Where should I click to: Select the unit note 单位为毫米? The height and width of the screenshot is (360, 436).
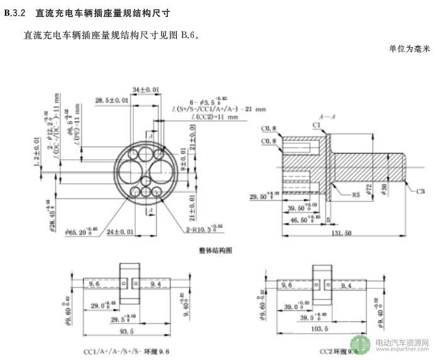(x=409, y=48)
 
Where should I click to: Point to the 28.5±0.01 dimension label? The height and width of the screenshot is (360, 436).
(x=112, y=99)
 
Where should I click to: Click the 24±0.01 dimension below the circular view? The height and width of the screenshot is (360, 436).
(x=120, y=232)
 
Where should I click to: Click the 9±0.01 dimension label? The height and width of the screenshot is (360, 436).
(x=184, y=166)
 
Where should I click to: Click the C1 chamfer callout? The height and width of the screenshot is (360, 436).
(x=316, y=125)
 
